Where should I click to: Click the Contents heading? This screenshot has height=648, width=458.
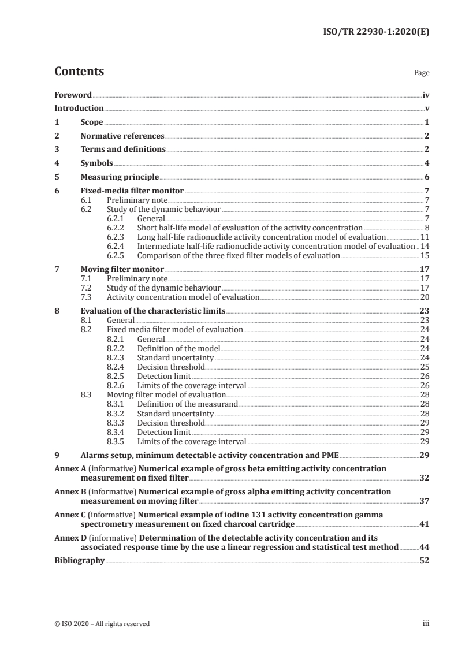tap(79, 72)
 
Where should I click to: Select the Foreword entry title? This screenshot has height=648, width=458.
tap(73, 95)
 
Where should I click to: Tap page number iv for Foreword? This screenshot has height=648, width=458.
tap(426, 95)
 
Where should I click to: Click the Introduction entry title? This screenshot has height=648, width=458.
tap(79, 109)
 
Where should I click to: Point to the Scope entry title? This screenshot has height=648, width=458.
tap(92, 122)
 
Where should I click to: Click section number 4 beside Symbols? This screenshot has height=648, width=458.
tap(57, 163)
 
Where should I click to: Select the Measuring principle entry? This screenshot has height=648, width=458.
tap(120, 177)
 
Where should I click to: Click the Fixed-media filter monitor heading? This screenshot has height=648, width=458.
tap(132, 191)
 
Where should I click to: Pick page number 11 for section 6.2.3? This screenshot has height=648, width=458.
tap(425, 237)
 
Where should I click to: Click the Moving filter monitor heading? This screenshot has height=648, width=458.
tap(122, 269)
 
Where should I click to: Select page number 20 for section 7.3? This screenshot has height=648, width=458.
tap(425, 297)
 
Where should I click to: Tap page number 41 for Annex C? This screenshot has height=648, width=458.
tap(425, 524)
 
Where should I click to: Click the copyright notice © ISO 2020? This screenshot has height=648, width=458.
tap(102, 624)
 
